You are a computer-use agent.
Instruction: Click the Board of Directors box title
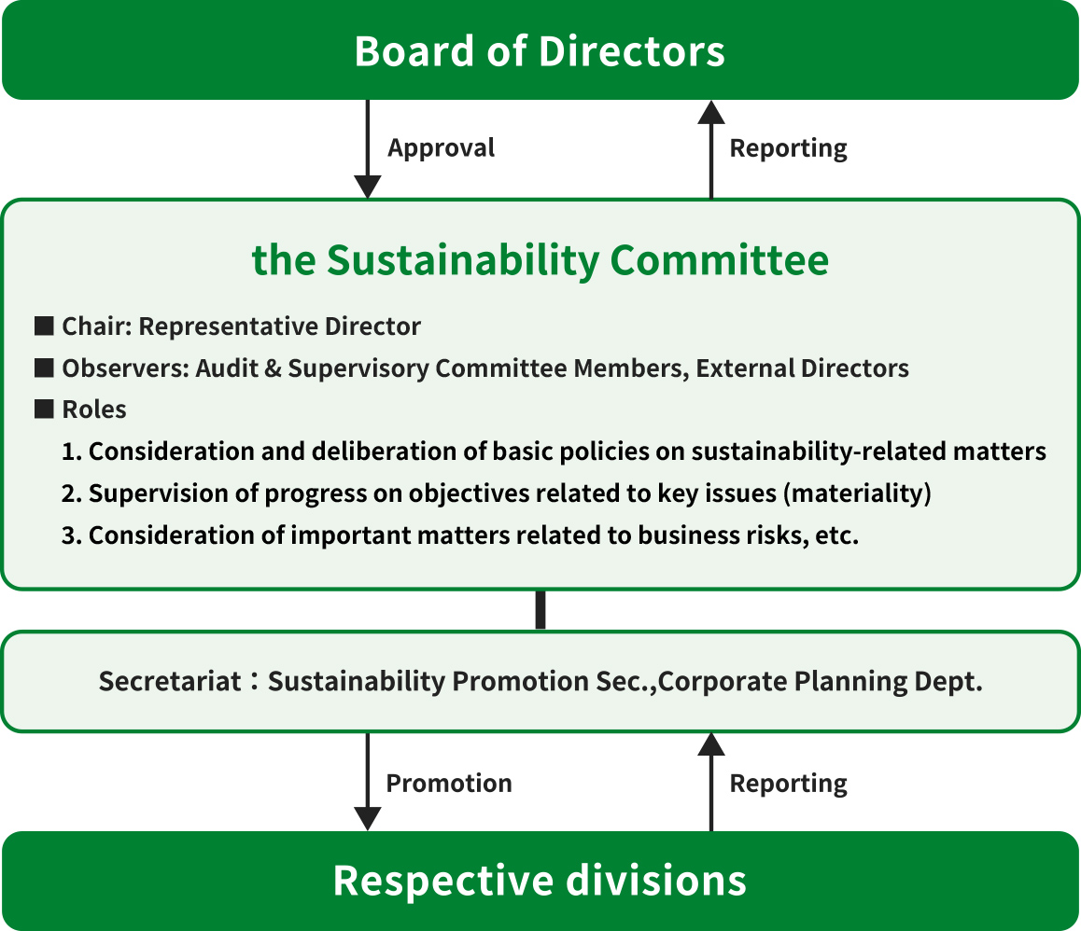point(540,51)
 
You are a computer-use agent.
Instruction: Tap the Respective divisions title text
point(540,881)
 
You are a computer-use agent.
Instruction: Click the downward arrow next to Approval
point(368,149)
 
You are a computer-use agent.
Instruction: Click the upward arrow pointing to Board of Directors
point(711,149)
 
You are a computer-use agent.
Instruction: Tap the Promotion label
point(449,784)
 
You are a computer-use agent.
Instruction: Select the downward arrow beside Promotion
point(368,782)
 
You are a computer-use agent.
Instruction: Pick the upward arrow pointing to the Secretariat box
point(711,782)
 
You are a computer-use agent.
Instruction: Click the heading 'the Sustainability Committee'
point(540,260)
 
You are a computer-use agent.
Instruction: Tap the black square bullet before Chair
point(44,326)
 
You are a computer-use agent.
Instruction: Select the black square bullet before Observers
point(44,368)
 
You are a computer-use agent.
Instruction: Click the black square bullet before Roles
point(44,410)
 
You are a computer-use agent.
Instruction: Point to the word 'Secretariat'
point(170,681)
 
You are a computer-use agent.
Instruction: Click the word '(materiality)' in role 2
point(857,493)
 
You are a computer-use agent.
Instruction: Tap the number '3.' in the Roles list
point(72,535)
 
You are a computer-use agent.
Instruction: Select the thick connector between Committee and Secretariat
point(540,610)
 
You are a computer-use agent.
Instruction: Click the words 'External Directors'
point(803,368)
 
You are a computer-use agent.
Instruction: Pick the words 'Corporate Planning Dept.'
point(821,682)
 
